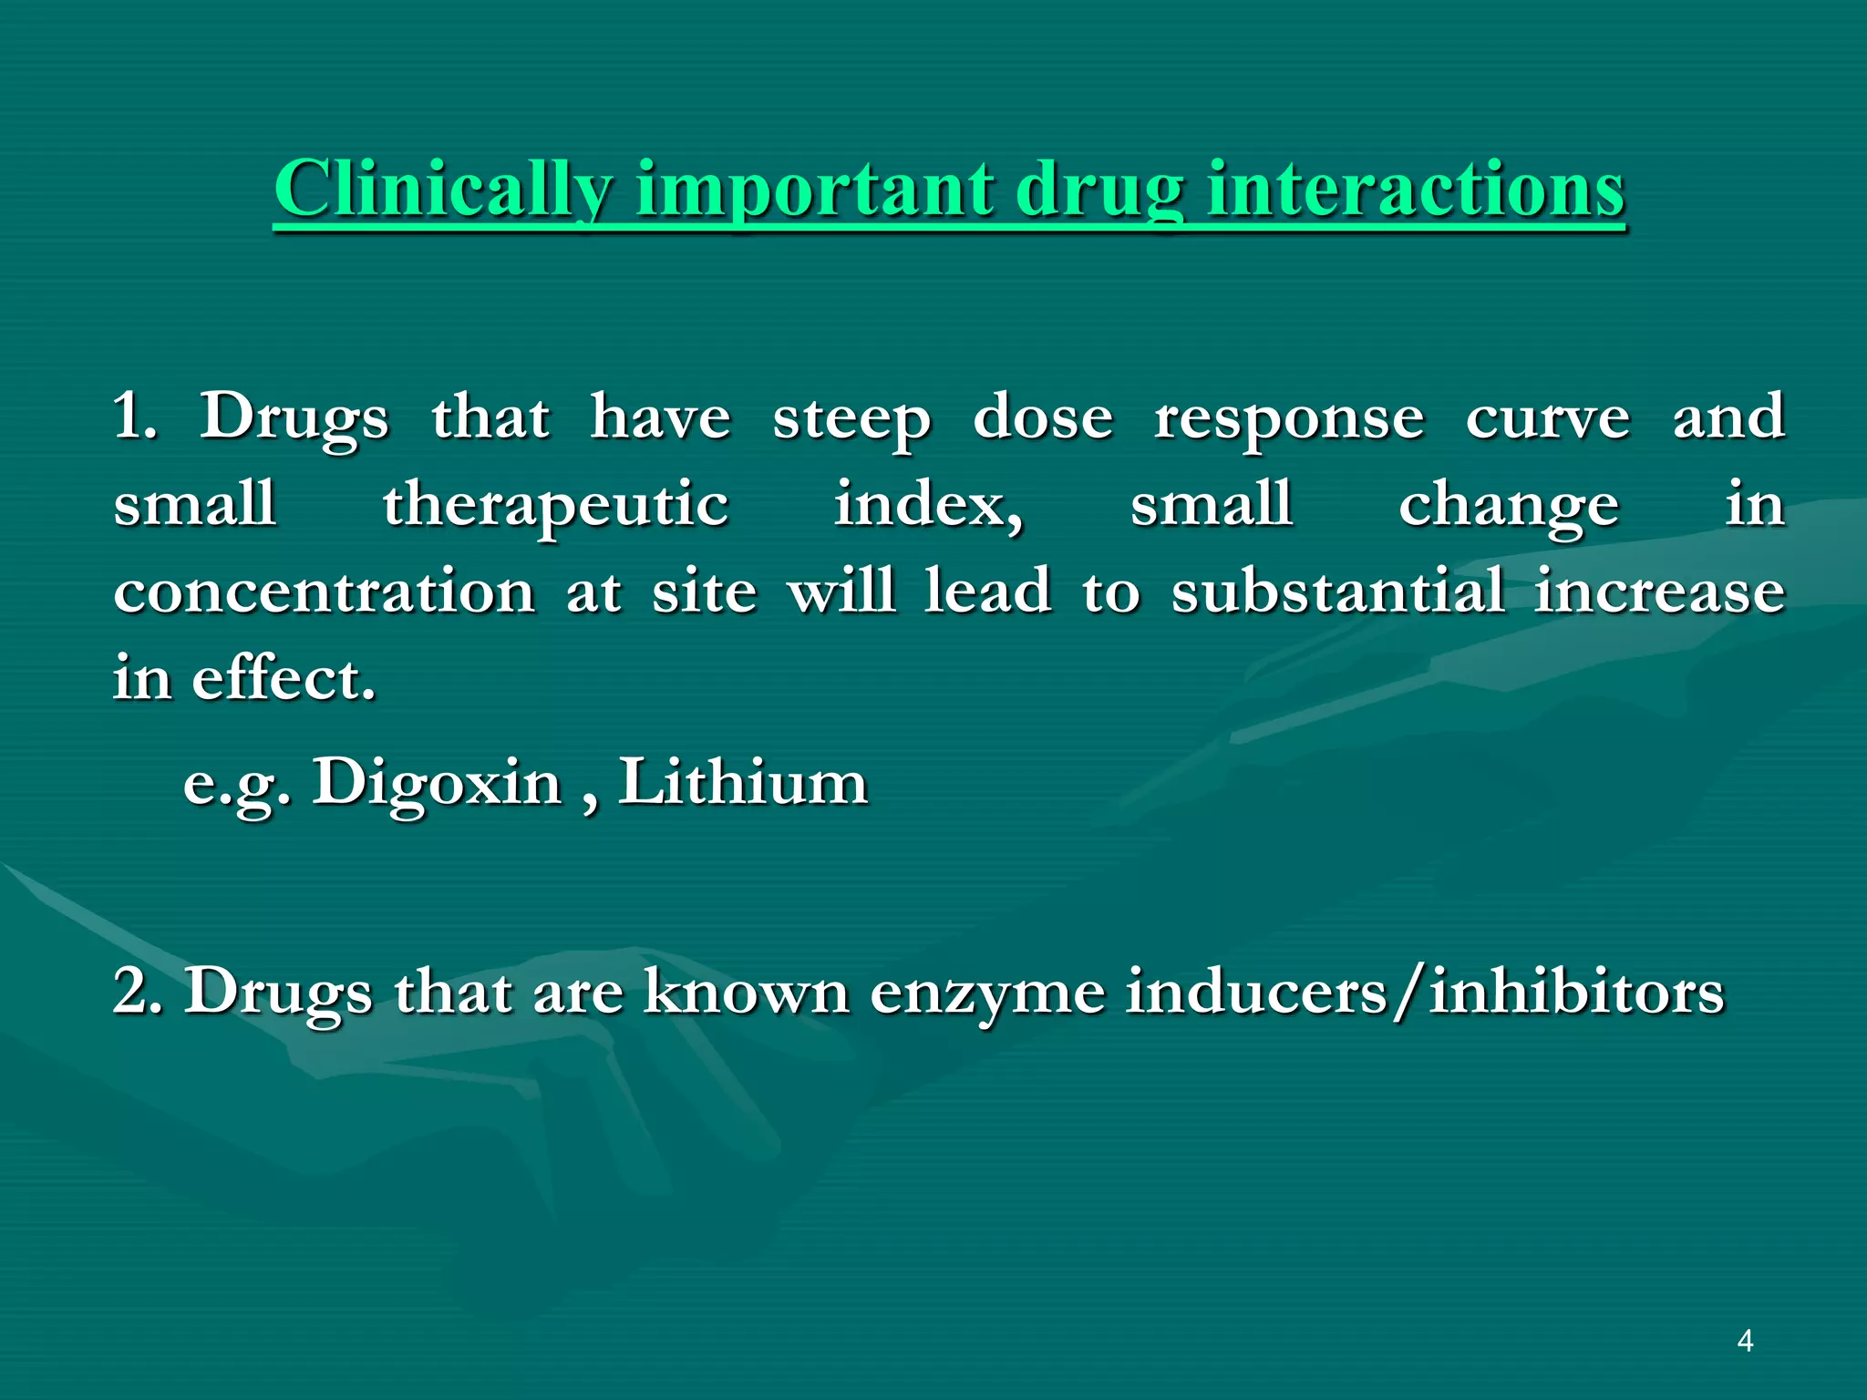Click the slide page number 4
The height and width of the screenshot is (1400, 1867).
(1745, 1341)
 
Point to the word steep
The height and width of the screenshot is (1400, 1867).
(851, 419)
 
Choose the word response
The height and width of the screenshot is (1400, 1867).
(1288, 419)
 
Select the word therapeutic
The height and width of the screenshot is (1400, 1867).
(555, 506)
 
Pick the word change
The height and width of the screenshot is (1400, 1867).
(1508, 506)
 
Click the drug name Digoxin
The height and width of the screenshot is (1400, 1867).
(437, 783)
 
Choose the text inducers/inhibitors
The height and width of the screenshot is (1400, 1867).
(1425, 991)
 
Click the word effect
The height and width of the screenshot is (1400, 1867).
(283, 678)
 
